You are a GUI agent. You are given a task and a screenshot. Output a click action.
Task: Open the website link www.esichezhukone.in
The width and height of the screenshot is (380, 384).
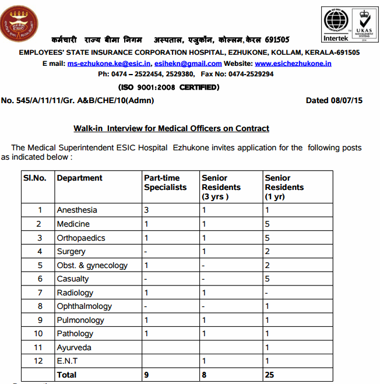pyautogui.click(x=293, y=63)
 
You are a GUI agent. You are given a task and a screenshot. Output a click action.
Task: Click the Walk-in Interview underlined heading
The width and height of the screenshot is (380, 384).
pyautogui.click(x=171, y=128)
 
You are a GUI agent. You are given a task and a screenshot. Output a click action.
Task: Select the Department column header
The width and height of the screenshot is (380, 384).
pyautogui.click(x=80, y=178)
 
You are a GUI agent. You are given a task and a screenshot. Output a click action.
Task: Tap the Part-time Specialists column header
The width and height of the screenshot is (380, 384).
pyautogui.click(x=166, y=182)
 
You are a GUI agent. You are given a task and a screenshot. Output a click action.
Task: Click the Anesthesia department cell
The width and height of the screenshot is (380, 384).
pyautogui.click(x=77, y=210)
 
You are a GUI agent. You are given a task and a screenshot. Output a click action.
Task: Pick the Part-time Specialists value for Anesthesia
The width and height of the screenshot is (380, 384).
pyautogui.click(x=147, y=210)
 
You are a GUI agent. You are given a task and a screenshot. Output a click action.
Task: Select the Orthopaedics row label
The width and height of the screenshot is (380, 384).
pyautogui.click(x=80, y=238)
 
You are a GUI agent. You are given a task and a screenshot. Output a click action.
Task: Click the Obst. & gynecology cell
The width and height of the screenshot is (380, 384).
pyautogui.click(x=92, y=265)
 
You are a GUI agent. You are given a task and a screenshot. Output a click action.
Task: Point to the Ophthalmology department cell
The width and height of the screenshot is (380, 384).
pyautogui.click(x=84, y=306)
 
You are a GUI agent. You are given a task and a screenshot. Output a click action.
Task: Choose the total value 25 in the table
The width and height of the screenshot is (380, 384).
pyautogui.click(x=269, y=375)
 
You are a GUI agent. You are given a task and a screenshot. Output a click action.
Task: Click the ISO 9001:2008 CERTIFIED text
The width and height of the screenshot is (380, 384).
pyautogui.click(x=169, y=87)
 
